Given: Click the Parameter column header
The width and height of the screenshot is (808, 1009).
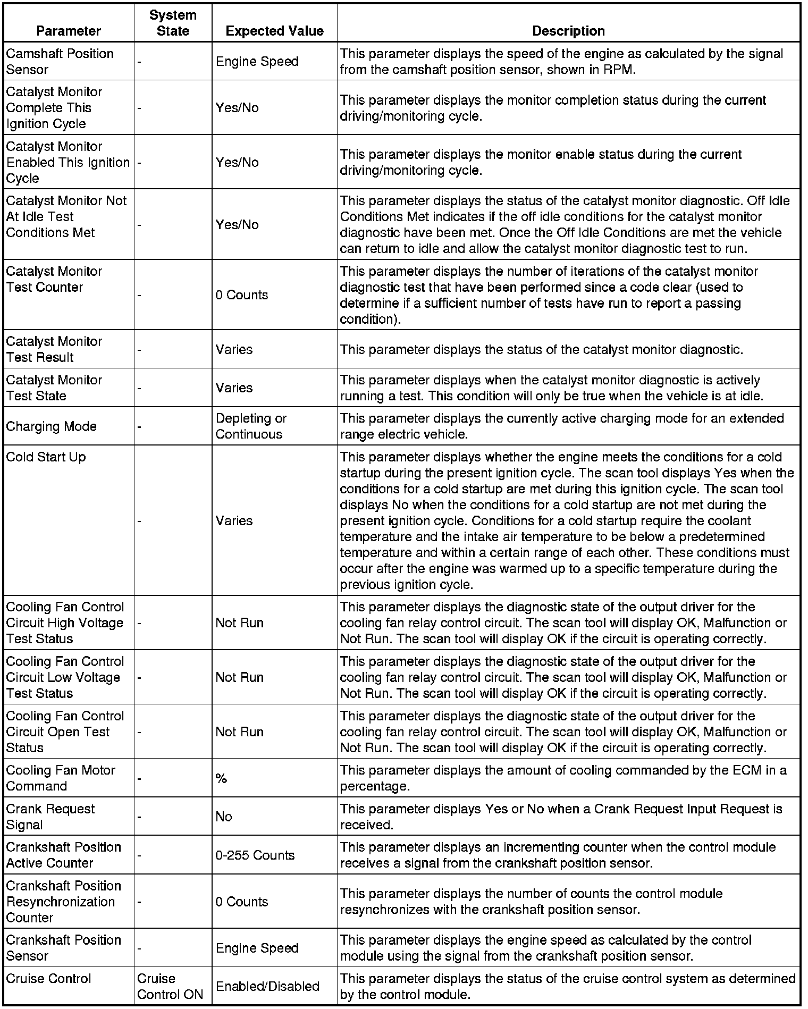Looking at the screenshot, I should coord(69,31).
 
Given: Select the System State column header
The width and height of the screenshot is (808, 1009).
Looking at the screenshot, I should coord(173,23).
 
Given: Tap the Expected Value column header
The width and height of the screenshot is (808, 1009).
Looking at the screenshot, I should coord(274,31).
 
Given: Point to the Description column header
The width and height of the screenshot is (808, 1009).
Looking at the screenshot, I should coord(568,31).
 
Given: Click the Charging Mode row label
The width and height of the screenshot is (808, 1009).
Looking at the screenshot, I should coord(51,426).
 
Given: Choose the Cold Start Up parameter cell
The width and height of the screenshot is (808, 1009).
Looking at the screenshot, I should coord(46,457).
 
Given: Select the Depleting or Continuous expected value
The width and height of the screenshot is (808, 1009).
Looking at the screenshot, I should coord(251,426).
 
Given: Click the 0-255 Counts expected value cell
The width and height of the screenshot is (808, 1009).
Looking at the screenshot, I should coord(255,855).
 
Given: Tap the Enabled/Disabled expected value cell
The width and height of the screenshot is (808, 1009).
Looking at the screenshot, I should coord(267,986).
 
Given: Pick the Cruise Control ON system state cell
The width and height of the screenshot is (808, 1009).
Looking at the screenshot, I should coord(170,986).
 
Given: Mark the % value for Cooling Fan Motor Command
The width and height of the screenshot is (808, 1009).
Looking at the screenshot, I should coord(222,779).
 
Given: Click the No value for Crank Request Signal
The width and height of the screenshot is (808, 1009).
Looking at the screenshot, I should coord(224,817).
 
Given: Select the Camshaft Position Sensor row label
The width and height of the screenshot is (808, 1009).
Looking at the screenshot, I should coord(60,62).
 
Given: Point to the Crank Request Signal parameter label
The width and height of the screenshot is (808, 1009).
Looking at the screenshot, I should coord(50,817).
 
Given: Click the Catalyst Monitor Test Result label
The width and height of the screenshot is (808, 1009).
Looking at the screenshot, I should coord(54,349).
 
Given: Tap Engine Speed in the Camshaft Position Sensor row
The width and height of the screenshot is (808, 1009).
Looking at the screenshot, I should coord(257,62).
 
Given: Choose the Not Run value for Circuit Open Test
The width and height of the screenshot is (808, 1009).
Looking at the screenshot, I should coord(240,732).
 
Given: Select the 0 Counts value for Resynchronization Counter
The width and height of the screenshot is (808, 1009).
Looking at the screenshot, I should coord(242,902).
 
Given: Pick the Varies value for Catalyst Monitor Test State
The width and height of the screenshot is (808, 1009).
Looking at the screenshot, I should coord(234,388).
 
